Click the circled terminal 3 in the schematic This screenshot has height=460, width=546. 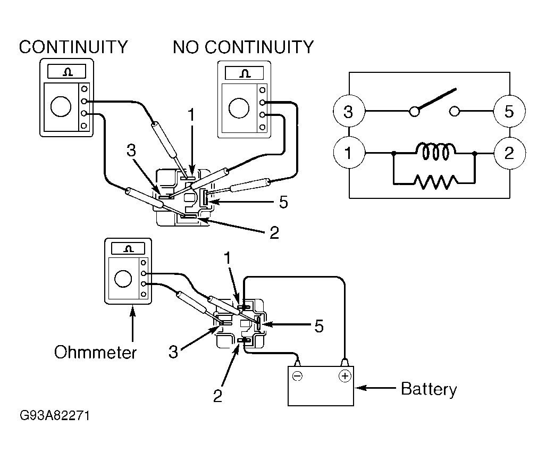pyautogui.click(x=348, y=112)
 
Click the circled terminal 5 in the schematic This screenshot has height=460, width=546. pyautogui.click(x=509, y=112)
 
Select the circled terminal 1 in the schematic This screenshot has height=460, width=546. pyautogui.click(x=348, y=153)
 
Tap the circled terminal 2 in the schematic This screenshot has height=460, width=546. pyautogui.click(x=509, y=153)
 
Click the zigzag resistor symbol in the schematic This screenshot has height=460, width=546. pyautogui.click(x=434, y=183)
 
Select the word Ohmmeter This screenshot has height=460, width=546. pyautogui.click(x=95, y=352)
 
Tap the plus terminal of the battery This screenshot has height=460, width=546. pyautogui.click(x=345, y=377)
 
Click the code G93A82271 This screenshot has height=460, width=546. pyautogui.click(x=54, y=415)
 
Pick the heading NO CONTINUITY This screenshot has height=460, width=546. pyautogui.click(x=243, y=47)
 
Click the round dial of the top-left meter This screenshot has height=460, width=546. pyautogui.click(x=61, y=106)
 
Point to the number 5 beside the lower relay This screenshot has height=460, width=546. pyautogui.click(x=318, y=326)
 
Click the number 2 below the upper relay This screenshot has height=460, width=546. pyautogui.click(x=274, y=233)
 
